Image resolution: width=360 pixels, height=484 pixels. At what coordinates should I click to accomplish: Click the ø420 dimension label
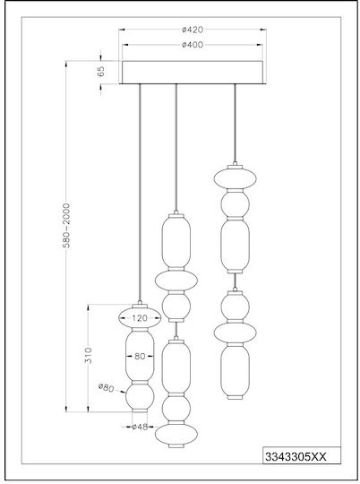tap(193, 30)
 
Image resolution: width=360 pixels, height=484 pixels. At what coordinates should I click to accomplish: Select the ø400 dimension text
tap(193, 45)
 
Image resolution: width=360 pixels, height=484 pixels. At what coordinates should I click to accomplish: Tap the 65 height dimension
tap(101, 72)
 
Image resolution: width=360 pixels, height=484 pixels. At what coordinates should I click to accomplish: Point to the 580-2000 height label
tap(66, 225)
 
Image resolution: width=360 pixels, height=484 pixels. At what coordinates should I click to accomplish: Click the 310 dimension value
tap(89, 356)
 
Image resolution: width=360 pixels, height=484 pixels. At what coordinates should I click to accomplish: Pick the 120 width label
tap(140, 318)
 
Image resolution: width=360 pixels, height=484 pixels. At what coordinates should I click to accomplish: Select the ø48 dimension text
tap(140, 427)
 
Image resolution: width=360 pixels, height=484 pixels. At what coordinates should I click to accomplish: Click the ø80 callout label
tap(107, 388)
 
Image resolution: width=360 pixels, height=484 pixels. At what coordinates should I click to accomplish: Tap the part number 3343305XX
tap(296, 457)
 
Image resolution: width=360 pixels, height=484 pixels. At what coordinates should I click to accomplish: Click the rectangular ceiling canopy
tap(193, 73)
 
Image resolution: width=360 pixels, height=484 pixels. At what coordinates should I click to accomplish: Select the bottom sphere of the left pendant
tap(140, 397)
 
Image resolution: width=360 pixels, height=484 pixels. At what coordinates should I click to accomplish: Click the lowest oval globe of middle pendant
tap(176, 435)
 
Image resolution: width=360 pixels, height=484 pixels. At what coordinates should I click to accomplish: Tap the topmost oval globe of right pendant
tap(236, 178)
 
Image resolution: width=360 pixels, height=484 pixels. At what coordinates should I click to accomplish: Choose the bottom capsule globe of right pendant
tap(235, 370)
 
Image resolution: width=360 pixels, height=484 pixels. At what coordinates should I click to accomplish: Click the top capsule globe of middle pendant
tap(176, 241)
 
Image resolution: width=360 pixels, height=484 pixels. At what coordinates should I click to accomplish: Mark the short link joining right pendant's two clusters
tap(235, 281)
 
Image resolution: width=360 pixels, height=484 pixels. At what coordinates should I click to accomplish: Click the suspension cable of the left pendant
tap(140, 194)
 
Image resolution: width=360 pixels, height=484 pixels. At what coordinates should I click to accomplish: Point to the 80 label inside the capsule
tap(140, 356)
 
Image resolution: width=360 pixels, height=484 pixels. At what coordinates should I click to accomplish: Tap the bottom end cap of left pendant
tap(140, 411)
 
